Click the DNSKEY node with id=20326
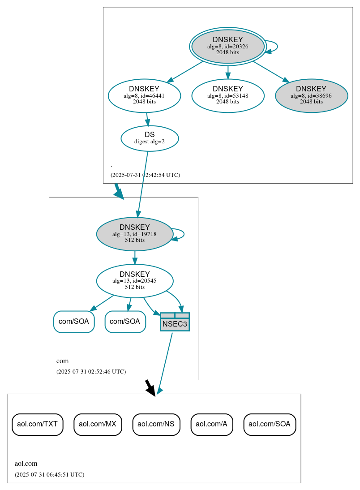pyautogui.click(x=227, y=46)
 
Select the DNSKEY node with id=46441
pyautogui.click(x=144, y=95)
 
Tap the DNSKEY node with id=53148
pyautogui.click(x=227, y=95)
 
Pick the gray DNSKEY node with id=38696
pyautogui.click(x=311, y=95)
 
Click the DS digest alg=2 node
pyautogui.click(x=150, y=138)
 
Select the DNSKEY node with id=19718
pyautogui.click(x=134, y=234)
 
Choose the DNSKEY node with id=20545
pyautogui.click(x=134, y=281)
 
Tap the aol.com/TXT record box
pyautogui.click(x=37, y=424)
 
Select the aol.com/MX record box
pyautogui.click(x=98, y=424)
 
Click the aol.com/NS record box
pyautogui.click(x=156, y=424)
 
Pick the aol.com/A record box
pyautogui.click(x=211, y=424)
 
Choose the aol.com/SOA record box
pyautogui.click(x=270, y=424)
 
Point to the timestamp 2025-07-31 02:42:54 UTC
pyautogui.click(x=145, y=175)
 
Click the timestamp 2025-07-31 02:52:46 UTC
pyautogui.click(x=91, y=372)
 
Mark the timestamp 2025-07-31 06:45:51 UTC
pyautogui.click(x=49, y=475)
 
